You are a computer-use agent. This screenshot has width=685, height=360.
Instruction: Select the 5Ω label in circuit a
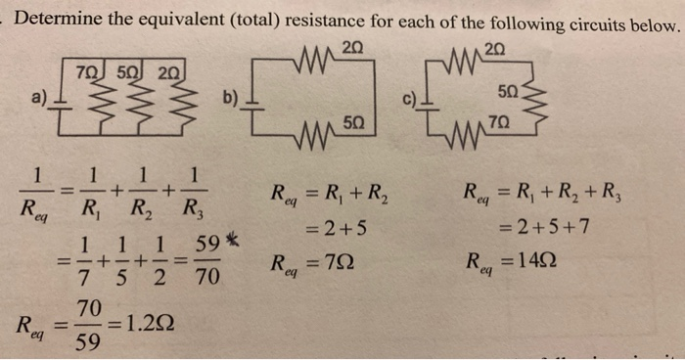(127, 71)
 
